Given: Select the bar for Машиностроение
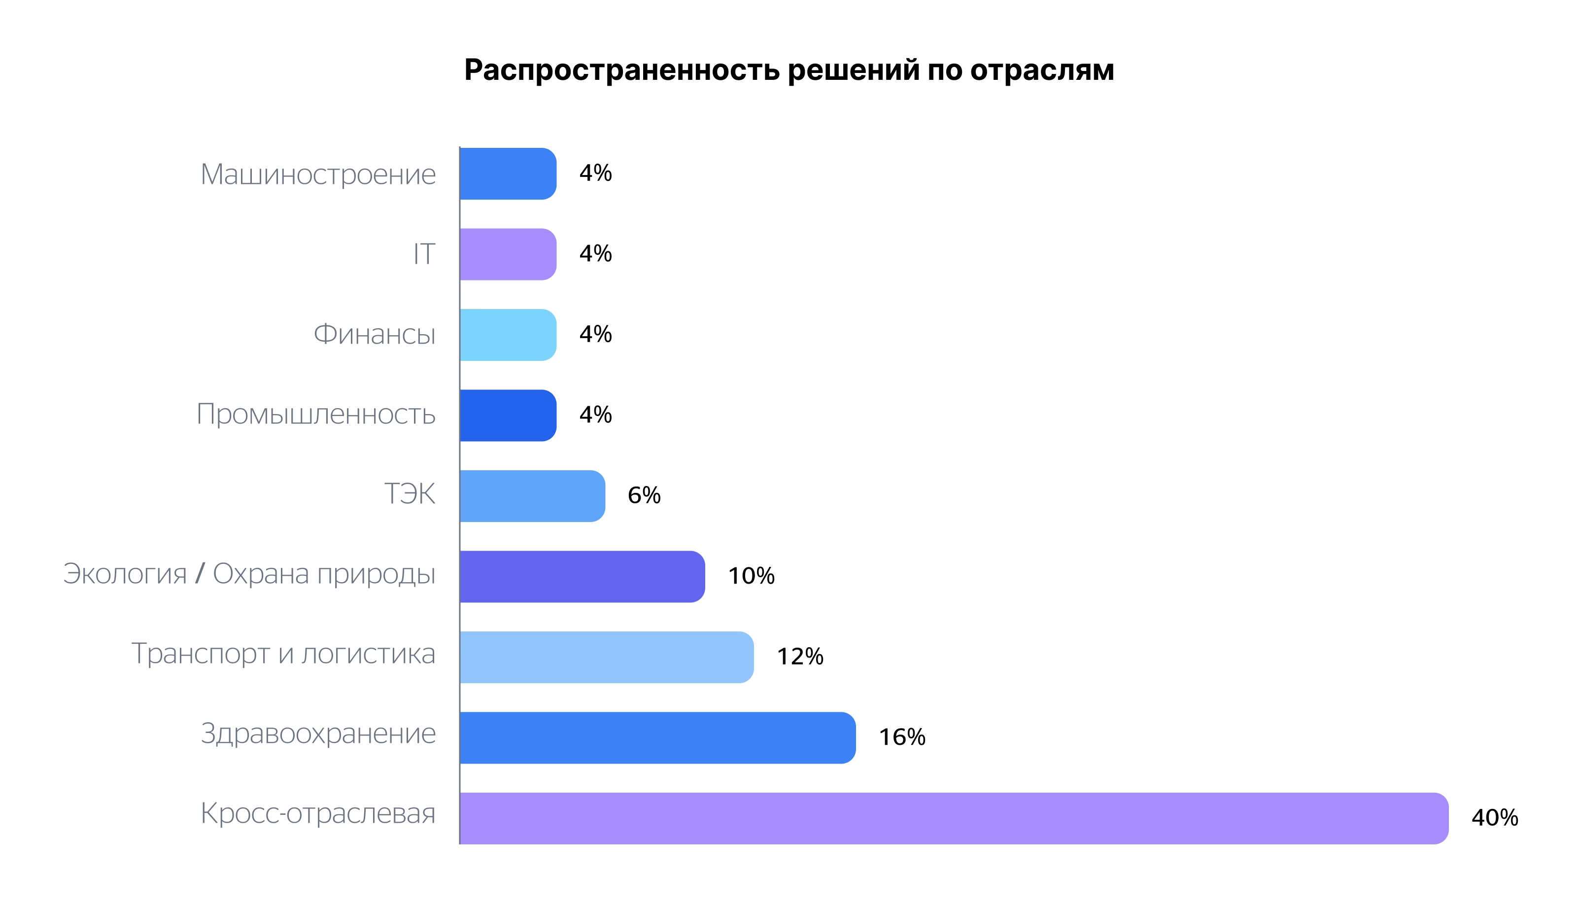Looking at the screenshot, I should tap(508, 174).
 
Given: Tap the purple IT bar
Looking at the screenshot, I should tap(508, 254).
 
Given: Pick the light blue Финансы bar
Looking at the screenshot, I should tap(508, 335).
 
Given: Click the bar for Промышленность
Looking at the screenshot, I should tap(508, 415).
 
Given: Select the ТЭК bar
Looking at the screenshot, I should tap(532, 496).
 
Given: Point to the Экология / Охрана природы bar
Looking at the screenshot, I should tap(582, 576).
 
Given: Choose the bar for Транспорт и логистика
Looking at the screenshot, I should tap(607, 657).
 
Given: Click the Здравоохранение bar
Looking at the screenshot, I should tap(657, 737).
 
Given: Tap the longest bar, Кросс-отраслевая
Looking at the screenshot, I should tap(953, 818).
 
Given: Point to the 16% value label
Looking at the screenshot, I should tap(901, 737).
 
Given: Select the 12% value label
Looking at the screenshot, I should tap(799, 657).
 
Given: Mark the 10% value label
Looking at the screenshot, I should tap(751, 576).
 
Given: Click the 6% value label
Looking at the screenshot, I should tap(644, 495).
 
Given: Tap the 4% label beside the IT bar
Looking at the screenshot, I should tap(595, 254).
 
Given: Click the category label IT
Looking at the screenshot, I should tap(424, 254).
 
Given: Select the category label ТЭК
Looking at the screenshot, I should tap(410, 494).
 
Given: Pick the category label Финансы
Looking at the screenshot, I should tap(375, 335).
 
